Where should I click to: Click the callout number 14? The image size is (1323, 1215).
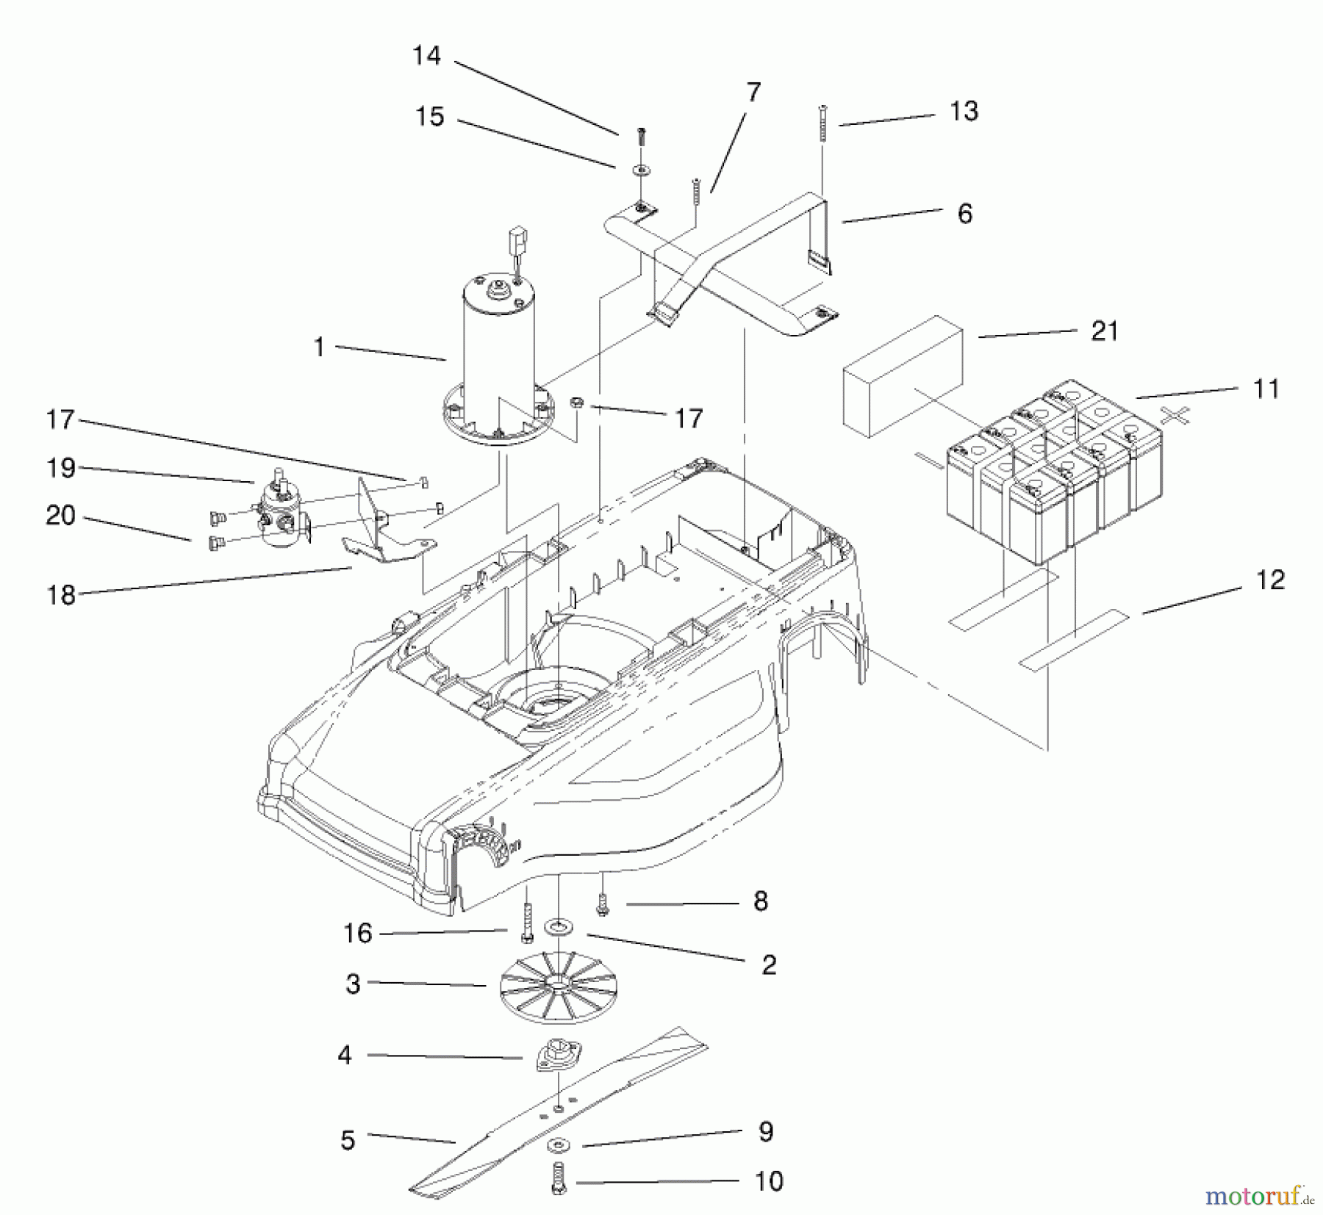coord(426,56)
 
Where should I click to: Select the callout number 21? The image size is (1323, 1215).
coord(1105,331)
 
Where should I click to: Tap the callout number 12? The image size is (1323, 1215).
coord(1270,580)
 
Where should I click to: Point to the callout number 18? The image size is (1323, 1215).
coord(61,595)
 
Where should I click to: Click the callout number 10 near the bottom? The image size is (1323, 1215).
coord(769,1181)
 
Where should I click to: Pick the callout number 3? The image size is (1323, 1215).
coord(353,984)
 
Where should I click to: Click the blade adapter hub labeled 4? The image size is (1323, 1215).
coord(559,1056)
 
